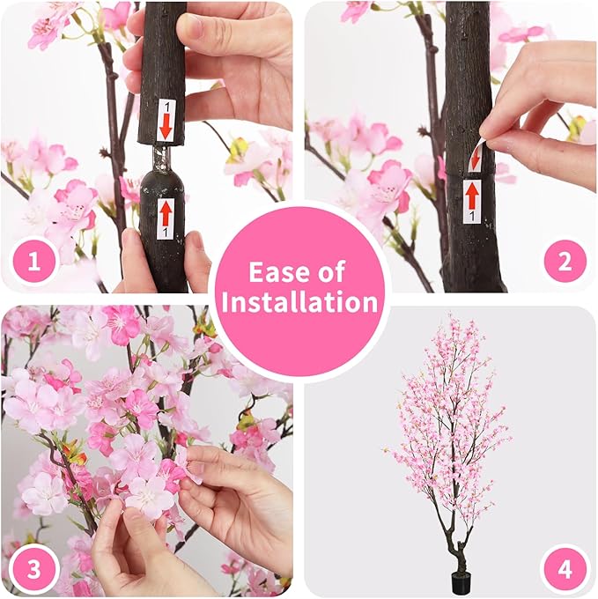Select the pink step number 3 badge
point(34,568)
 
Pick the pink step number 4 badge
point(564,568)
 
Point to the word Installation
point(299,302)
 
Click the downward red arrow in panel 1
point(166,126)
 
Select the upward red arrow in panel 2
point(472,194)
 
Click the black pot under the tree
point(460,581)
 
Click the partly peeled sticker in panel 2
point(476,156)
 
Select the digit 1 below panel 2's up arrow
point(471,214)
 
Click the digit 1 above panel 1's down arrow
point(165,106)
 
